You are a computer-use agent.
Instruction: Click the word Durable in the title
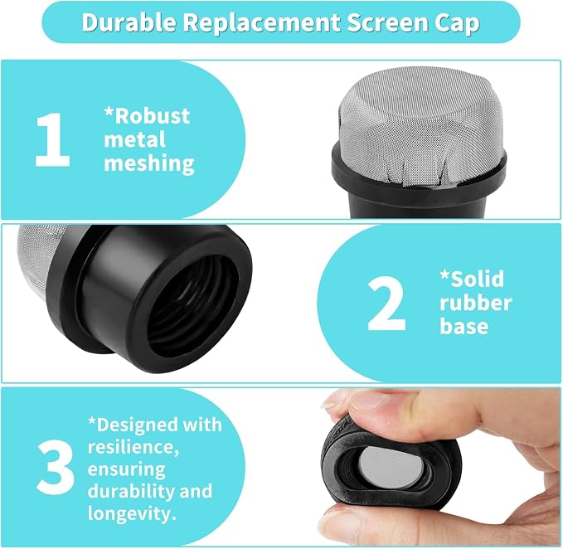(129, 22)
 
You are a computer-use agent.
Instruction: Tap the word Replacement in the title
(262, 23)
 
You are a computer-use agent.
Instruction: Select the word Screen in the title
(387, 22)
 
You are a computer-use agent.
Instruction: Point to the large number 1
(52, 139)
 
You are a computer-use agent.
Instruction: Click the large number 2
(386, 304)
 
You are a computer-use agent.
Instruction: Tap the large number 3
(56, 467)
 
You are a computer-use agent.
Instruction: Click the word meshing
(149, 163)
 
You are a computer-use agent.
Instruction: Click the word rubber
(476, 303)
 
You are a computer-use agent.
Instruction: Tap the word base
(464, 326)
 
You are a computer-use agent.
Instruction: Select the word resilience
(133, 447)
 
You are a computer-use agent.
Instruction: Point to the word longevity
(132, 514)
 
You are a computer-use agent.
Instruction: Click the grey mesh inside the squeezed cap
(391, 466)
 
